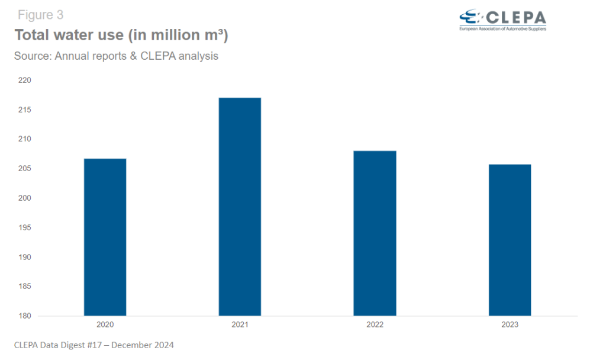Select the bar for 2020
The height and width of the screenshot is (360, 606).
tap(105, 237)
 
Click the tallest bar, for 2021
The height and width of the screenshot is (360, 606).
tap(240, 207)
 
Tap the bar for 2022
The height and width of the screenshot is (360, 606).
tap(375, 233)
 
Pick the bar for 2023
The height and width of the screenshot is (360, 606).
tap(510, 240)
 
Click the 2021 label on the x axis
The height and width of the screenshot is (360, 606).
tap(240, 325)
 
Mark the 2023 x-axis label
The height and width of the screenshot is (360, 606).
tap(510, 325)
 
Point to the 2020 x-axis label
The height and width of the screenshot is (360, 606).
tap(105, 325)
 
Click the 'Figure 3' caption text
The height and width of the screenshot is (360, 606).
tap(40, 15)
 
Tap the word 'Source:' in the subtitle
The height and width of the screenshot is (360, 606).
tap(33, 56)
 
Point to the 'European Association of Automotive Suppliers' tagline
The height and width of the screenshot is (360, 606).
tap(502, 28)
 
